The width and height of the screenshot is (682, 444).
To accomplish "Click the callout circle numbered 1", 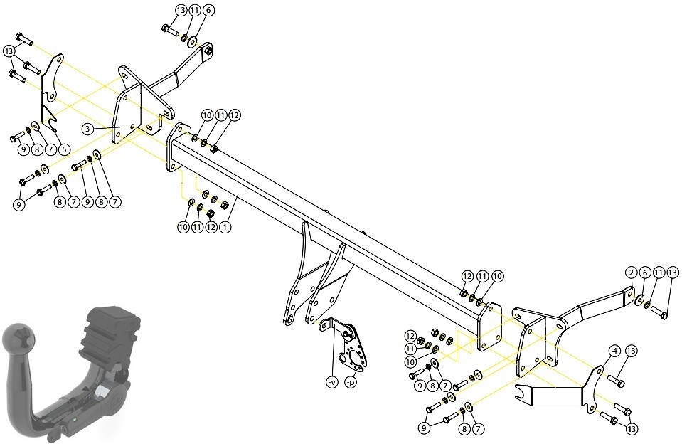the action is (225, 227).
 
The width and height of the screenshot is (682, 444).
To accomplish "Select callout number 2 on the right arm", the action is (631, 273).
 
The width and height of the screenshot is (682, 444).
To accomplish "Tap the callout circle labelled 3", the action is (88, 128).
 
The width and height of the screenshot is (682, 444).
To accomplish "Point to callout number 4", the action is (614, 351).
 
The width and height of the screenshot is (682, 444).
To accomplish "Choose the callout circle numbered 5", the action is (64, 149).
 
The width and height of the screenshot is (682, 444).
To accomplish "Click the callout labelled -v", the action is (331, 382).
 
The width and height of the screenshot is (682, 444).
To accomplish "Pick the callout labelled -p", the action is (351, 383).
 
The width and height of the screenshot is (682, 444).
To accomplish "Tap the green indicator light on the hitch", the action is (75, 420).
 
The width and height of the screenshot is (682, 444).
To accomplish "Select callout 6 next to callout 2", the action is (645, 273).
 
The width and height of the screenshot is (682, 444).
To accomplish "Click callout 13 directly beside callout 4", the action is (632, 351).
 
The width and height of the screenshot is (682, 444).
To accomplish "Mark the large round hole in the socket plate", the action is (356, 359).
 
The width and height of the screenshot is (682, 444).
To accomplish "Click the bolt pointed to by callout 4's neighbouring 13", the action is (616, 381).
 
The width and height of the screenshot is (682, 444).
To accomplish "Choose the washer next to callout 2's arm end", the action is (640, 300).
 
